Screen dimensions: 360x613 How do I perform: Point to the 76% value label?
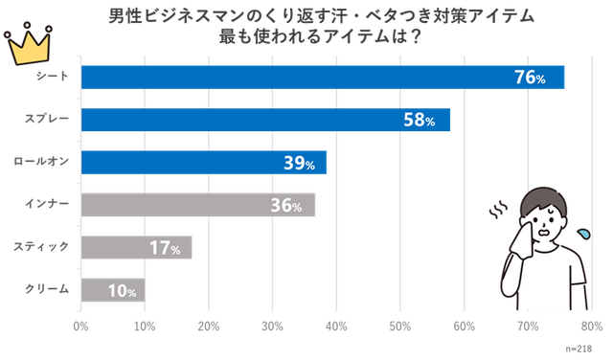[x=530, y=79]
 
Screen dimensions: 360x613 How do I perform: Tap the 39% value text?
[x=299, y=164]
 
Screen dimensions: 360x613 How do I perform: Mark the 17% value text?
[x=165, y=248]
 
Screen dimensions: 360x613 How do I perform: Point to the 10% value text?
[x=121, y=290]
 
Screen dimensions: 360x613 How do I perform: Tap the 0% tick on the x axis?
[x=81, y=325]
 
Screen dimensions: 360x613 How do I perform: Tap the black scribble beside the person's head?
[x=497, y=207]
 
